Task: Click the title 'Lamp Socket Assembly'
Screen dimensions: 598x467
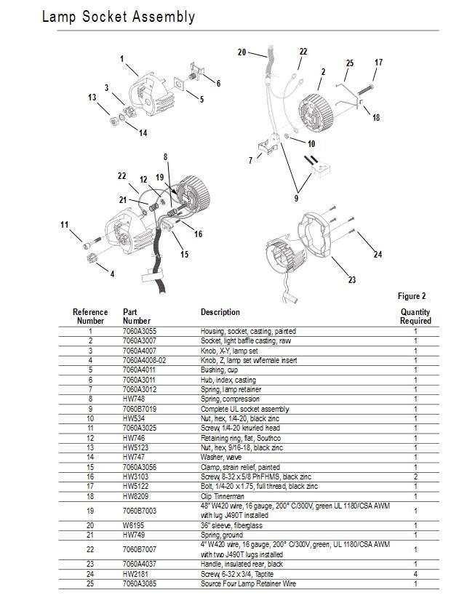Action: (119, 17)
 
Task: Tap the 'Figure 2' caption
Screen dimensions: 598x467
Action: (412, 296)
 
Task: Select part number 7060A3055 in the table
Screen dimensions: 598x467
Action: (139, 331)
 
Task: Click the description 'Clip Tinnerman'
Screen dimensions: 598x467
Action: (224, 496)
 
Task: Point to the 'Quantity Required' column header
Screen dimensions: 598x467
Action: (415, 316)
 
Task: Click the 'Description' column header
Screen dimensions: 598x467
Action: (220, 312)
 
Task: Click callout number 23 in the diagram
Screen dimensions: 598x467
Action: (351, 280)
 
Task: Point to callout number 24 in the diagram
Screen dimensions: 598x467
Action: (378, 254)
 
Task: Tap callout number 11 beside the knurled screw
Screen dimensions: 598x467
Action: (65, 224)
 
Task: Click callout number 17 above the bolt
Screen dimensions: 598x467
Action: (378, 63)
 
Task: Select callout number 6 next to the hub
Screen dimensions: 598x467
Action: (217, 84)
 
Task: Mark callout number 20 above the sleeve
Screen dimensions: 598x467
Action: (242, 52)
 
